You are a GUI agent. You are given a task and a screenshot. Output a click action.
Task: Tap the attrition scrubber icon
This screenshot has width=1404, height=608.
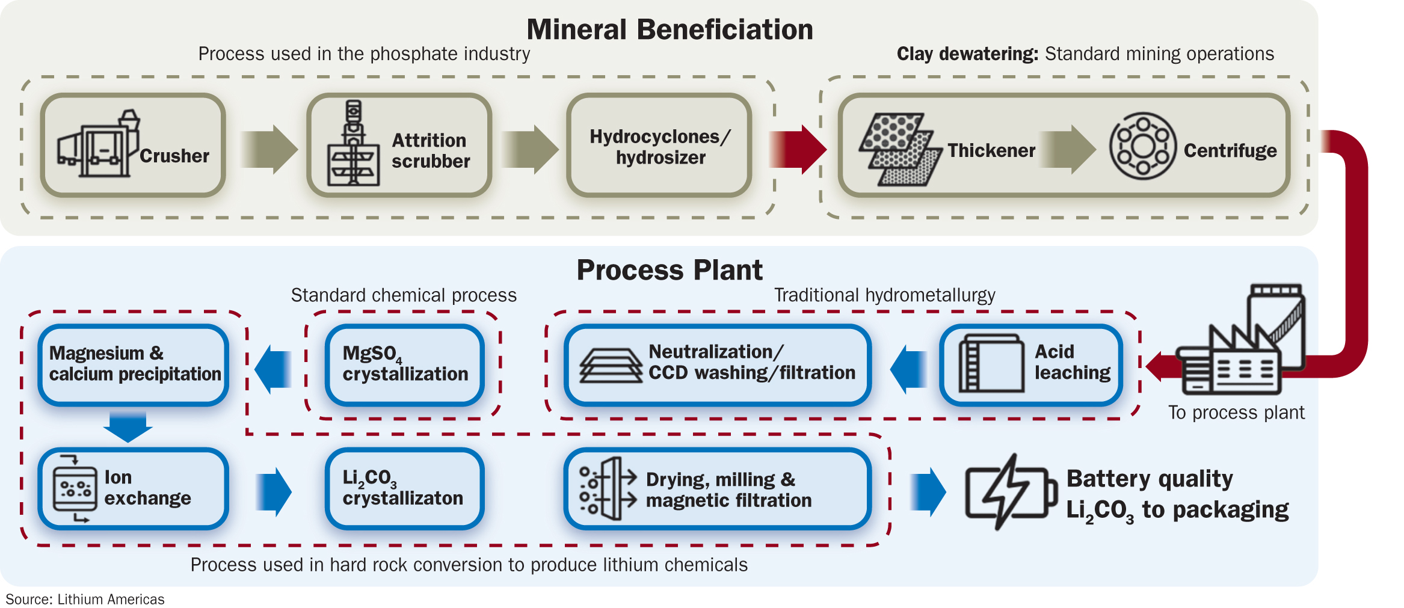click(x=353, y=145)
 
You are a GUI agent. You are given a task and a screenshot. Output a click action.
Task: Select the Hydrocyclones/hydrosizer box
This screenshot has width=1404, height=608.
click(x=659, y=146)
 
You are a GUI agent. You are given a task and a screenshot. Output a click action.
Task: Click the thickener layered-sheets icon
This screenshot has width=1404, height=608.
click(x=899, y=149)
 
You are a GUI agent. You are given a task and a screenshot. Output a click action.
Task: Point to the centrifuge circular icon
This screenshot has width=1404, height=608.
click(x=1142, y=146)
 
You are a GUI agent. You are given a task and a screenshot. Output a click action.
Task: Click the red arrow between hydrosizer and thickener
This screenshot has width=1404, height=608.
click(x=798, y=149)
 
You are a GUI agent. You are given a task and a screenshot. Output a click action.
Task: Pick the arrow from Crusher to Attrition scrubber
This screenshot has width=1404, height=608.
click(x=269, y=149)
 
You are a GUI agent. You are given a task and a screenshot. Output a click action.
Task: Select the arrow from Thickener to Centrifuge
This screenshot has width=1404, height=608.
click(x=1068, y=149)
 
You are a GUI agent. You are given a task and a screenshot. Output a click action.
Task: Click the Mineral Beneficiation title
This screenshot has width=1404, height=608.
click(x=670, y=29)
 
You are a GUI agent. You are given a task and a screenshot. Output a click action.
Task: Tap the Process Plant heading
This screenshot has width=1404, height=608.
click(x=670, y=270)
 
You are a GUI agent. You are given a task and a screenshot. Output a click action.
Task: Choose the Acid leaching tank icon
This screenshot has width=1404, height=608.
click(x=990, y=364)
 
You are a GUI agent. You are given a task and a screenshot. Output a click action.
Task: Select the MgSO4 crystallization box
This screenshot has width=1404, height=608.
click(x=405, y=364)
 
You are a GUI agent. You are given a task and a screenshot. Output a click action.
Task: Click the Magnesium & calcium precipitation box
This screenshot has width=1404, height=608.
click(x=134, y=364)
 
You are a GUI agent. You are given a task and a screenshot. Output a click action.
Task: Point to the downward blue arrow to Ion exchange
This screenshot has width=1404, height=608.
click(x=128, y=426)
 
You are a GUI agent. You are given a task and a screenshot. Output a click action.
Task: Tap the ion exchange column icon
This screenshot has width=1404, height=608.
click(x=75, y=489)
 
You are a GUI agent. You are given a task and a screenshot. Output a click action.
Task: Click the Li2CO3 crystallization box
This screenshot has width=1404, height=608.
click(x=405, y=488)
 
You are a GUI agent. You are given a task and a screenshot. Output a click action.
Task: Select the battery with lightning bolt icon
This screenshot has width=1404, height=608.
click(x=1010, y=492)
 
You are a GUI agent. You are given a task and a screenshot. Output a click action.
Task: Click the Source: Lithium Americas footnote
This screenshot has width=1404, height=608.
click(x=85, y=600)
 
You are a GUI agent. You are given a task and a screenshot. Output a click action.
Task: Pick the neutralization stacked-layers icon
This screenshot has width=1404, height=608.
click(x=610, y=366)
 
